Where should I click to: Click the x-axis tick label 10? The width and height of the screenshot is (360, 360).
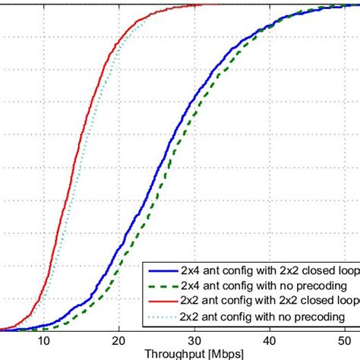click(x=44, y=341)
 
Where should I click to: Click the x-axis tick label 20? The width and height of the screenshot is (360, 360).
click(x=118, y=341)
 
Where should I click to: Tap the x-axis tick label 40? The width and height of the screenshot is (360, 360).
click(x=269, y=341)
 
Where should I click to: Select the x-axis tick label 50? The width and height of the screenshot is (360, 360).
click(x=343, y=341)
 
